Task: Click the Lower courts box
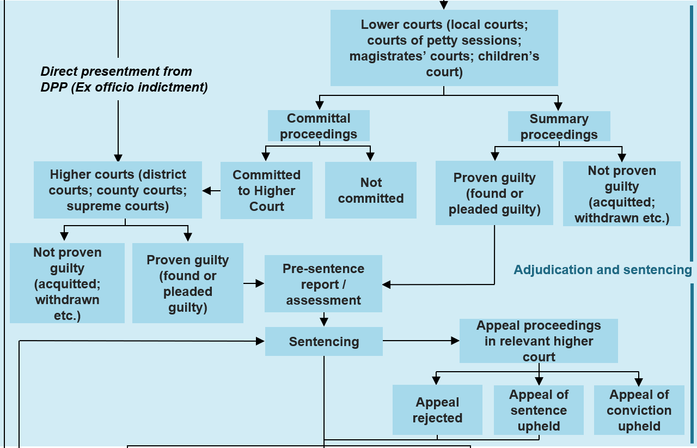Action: [444, 48]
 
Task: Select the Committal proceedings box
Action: [319, 126]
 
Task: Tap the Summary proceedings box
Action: [559, 126]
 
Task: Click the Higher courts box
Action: [118, 190]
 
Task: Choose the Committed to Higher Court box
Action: [266, 190]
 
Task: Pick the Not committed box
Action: [370, 190]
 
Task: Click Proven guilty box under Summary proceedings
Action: [494, 193]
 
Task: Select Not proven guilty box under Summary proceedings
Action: [621, 193]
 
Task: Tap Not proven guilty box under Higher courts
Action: [67, 283]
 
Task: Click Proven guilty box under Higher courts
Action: [187, 283]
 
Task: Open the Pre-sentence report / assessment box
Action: [323, 283]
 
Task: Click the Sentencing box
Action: [323, 341]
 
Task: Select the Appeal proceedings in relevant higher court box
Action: [539, 341]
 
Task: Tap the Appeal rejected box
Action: [437, 410]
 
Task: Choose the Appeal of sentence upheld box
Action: [539, 410]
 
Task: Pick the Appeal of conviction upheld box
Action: [639, 410]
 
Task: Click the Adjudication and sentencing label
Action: [602, 270]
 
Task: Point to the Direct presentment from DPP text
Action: [124, 79]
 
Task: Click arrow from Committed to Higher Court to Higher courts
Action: [211, 191]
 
